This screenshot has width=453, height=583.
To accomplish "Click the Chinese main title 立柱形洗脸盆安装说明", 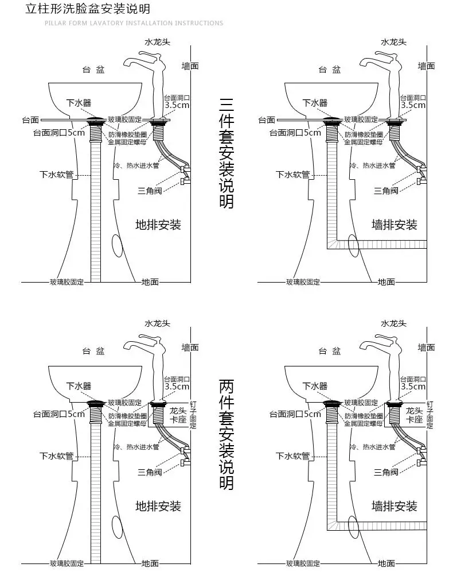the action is (x=88, y=9).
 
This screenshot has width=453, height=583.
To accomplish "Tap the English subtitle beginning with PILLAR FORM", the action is (x=134, y=23).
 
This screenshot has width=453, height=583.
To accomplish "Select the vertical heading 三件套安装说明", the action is (x=226, y=153).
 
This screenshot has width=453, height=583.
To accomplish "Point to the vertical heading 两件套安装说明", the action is (x=226, y=434).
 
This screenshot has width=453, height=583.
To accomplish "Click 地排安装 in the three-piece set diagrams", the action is (x=158, y=225).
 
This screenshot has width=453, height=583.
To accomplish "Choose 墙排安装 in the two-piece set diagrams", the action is (x=395, y=506).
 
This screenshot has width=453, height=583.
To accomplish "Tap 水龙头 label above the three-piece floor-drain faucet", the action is (x=158, y=42).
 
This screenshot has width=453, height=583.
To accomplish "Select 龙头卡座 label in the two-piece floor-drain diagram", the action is (x=178, y=415).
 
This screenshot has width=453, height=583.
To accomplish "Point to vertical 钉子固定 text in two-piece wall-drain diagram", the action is (x=430, y=415).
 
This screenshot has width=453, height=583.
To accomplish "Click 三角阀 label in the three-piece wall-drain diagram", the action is (x=386, y=191).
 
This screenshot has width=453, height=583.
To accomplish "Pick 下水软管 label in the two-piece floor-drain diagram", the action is (x=56, y=456).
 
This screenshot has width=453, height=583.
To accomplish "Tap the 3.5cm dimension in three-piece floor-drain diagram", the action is (x=177, y=105).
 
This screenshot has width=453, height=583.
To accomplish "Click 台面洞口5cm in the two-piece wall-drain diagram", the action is (x=295, y=414).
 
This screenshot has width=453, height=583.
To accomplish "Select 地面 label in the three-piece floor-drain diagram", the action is (x=150, y=282).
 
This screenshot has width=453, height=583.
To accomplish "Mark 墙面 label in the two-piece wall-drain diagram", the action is (x=426, y=348).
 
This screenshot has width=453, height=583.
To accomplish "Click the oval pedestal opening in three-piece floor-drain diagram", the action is (x=118, y=245).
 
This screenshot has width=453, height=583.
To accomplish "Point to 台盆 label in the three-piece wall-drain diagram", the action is (x=330, y=70).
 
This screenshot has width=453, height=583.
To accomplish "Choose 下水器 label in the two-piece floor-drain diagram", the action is (x=79, y=386).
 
